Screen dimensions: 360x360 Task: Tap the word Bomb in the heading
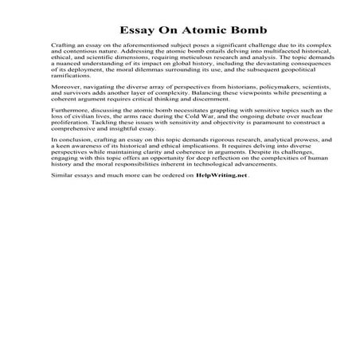[x=233, y=18]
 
